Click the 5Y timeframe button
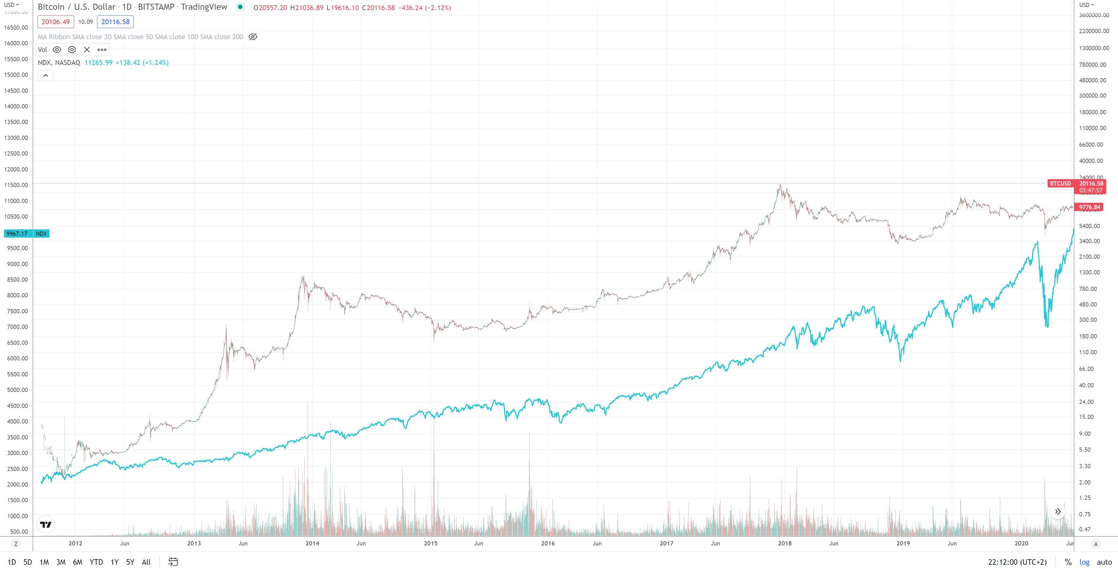[130, 562]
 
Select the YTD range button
[96, 562]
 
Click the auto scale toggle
[1104, 562]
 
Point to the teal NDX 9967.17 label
[26, 233]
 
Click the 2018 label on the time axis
[785, 543]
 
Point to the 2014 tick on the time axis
[312, 543]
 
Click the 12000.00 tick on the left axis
[16, 169]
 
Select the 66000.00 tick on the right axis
[1091, 145]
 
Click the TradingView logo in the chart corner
[46, 524]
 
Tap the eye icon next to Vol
[57, 50]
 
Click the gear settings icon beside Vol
[72, 50]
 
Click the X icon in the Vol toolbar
[87, 50]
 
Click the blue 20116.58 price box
[115, 22]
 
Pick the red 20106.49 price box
[55, 22]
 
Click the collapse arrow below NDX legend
[46, 76]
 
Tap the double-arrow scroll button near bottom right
[1058, 512]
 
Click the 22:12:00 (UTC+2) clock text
[1017, 562]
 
